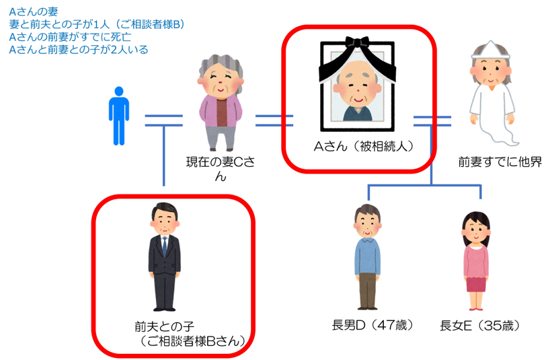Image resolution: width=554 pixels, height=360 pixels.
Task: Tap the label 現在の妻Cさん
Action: (221, 168)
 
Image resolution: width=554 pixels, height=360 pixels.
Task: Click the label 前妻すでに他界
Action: (500, 161)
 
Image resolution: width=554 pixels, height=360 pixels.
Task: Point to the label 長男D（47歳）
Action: (371, 326)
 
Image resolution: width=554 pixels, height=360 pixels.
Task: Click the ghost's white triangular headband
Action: (494, 50)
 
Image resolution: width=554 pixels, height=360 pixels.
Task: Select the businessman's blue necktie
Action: (163, 246)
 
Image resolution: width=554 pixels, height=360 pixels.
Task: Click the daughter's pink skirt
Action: (476, 283)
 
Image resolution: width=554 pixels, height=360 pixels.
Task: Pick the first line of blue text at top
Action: (34, 12)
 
